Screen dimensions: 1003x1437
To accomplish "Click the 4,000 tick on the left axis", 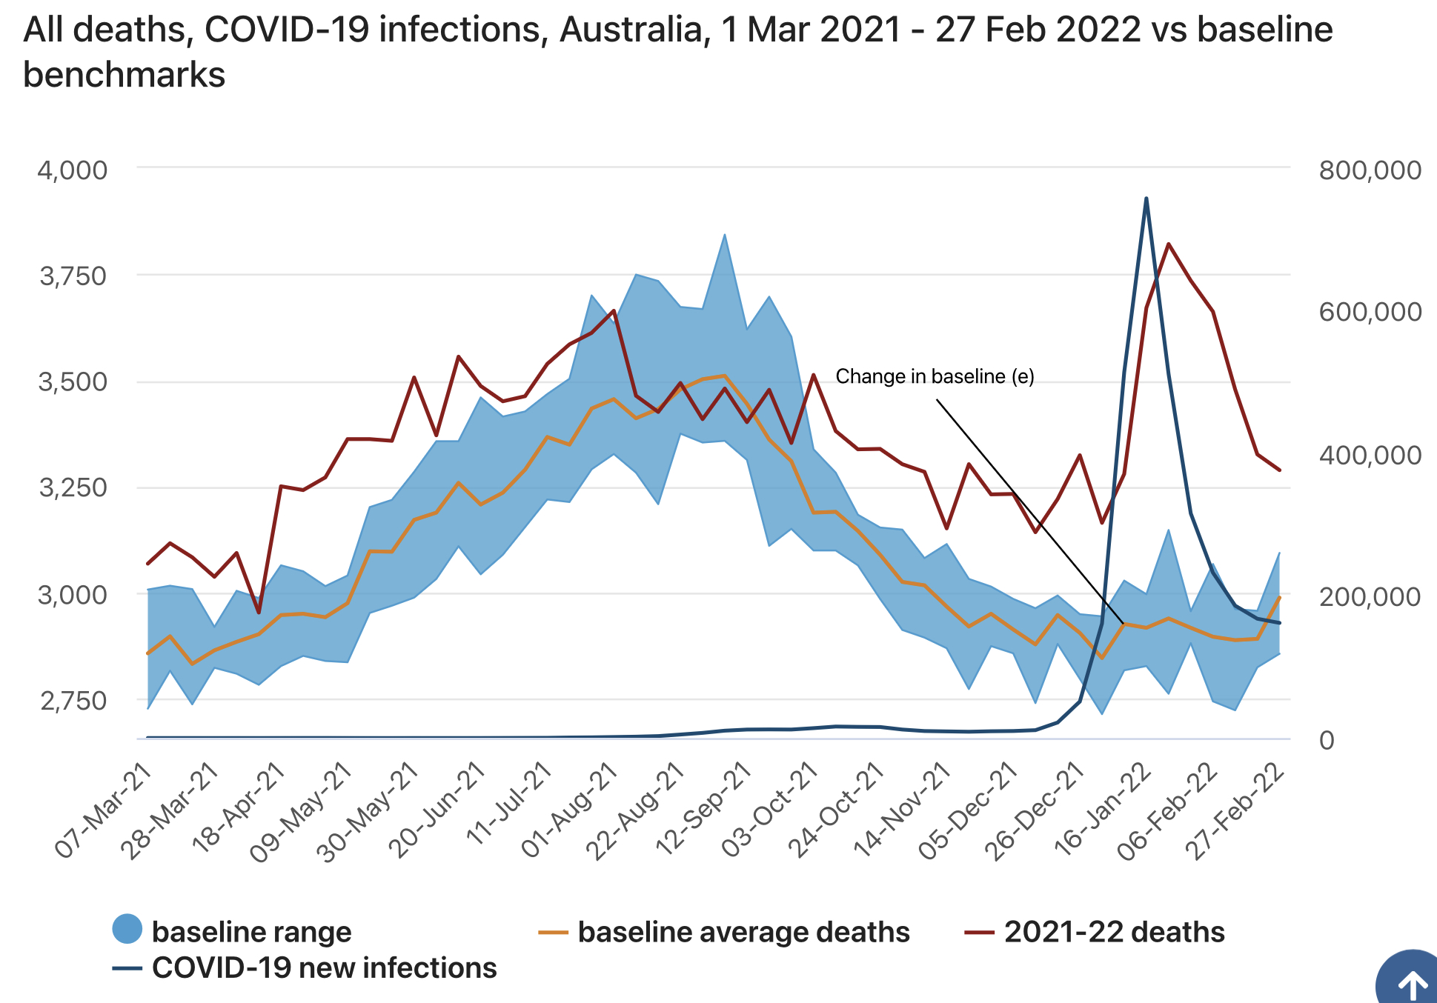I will click(73, 170).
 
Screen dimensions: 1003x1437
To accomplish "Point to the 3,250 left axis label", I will click(73, 488).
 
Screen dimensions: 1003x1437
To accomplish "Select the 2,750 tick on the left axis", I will click(73, 700).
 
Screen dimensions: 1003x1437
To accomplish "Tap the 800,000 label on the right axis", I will click(1370, 170).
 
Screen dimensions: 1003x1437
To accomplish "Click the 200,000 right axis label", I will click(1370, 596).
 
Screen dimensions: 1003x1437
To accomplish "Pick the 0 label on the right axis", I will click(1327, 739).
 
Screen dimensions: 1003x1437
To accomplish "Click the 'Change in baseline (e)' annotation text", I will click(935, 376).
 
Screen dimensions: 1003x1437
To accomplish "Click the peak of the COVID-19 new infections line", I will click(1146, 199).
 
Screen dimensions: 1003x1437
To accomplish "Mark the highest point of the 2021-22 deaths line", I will click(1168, 244).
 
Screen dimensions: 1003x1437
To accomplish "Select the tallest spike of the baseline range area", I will click(724, 235).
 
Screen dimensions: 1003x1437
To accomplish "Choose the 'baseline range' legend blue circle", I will click(127, 929).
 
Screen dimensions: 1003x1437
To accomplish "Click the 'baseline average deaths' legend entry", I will click(743, 932).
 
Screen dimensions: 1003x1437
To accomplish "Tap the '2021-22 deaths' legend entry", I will click(1113, 932).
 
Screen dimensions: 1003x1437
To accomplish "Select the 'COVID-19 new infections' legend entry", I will click(323, 968).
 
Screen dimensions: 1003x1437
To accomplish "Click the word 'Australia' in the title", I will click(630, 30).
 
